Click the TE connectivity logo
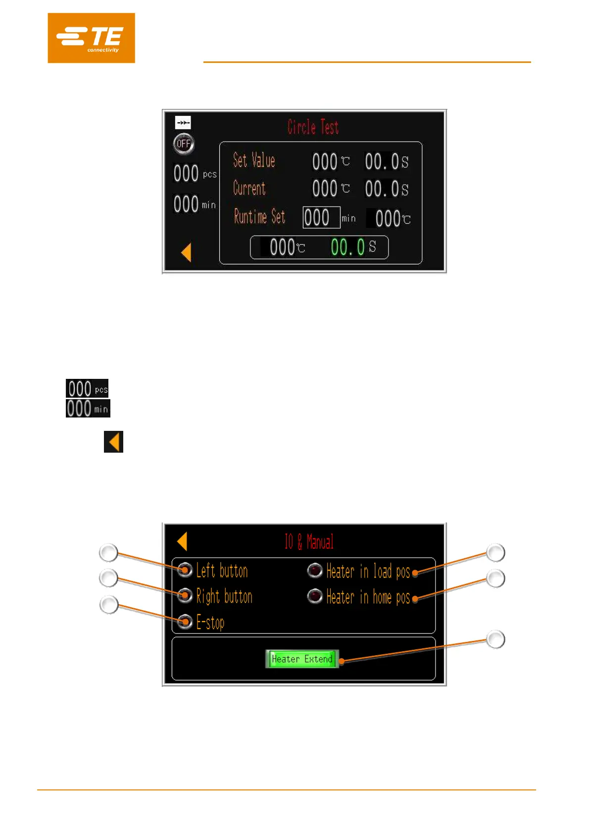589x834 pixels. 91,38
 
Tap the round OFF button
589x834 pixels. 184,144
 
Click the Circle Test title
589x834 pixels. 313,127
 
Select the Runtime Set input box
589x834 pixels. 321,217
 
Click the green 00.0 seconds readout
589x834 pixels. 348,247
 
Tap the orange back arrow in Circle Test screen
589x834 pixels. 186,253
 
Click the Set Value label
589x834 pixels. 254,160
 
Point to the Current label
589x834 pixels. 249,188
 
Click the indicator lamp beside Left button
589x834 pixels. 185,570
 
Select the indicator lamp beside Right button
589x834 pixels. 185,595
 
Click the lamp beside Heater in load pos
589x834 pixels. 315,571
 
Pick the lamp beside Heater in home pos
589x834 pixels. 315,596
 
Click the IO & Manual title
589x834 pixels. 309,542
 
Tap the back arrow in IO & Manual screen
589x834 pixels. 182,541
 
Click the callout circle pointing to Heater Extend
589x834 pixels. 495,639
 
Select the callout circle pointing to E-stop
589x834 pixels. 109,605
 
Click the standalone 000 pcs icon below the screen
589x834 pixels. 87,389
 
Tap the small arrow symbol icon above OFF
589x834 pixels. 183,122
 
